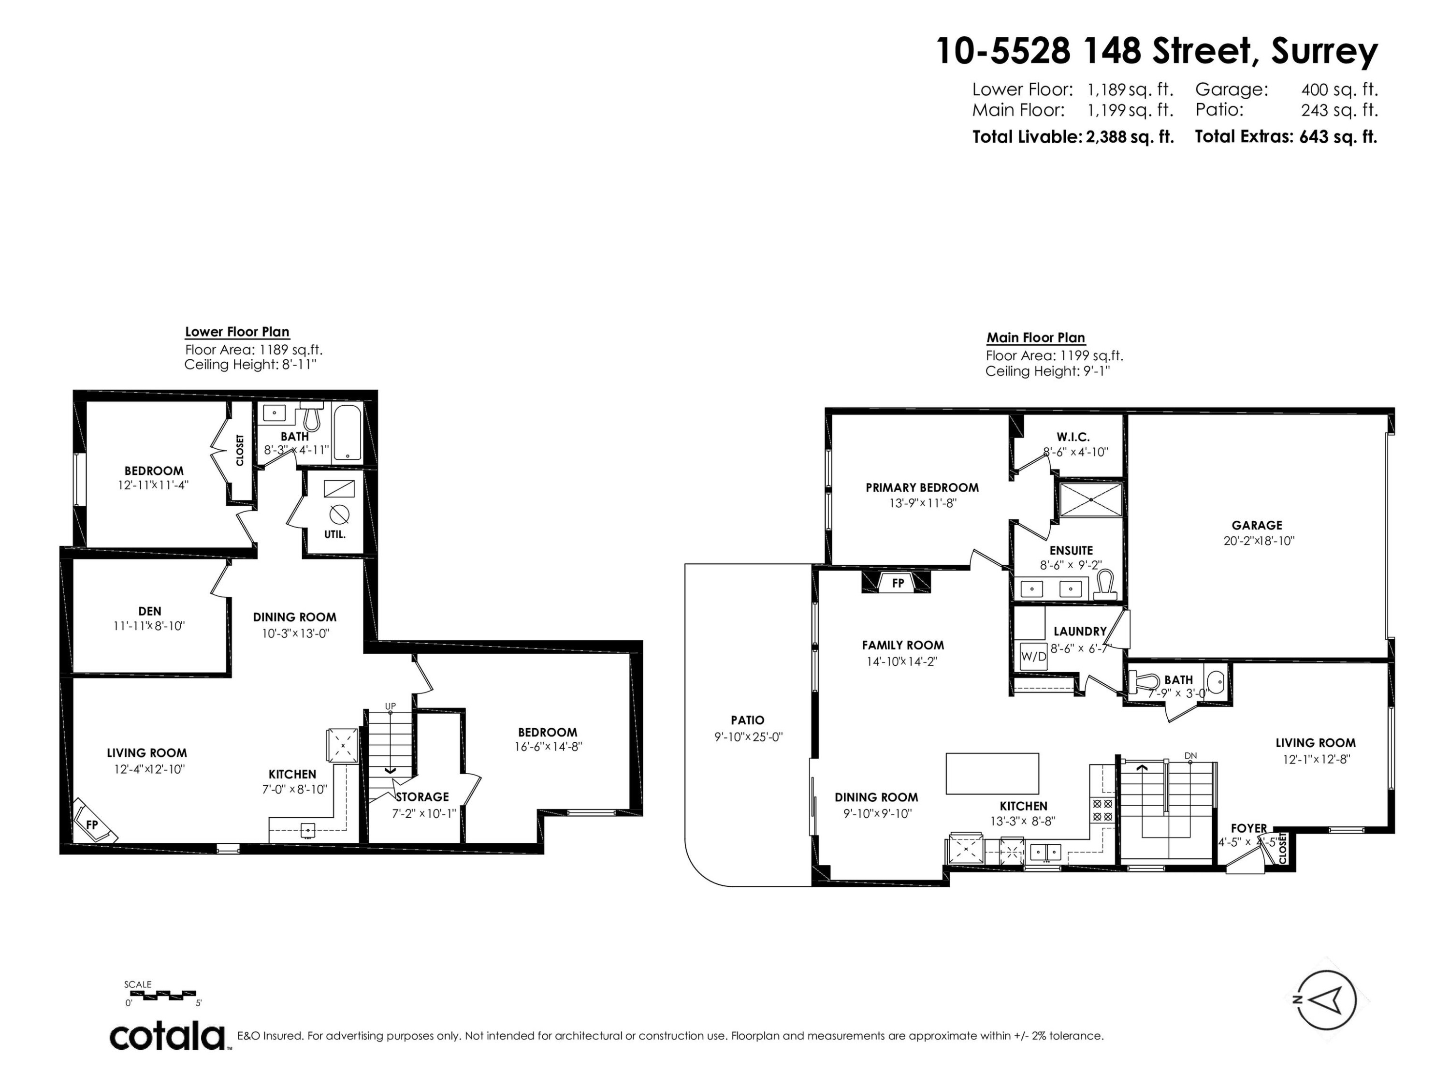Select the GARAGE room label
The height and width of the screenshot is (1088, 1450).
coord(1256,525)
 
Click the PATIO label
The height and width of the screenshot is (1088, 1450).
coord(747,720)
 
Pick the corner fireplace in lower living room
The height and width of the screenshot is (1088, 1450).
coord(94,823)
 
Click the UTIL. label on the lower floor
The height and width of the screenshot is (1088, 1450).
coord(334,534)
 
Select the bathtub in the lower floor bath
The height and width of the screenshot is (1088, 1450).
coord(347,433)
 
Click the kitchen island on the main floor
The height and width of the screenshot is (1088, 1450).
coord(992,773)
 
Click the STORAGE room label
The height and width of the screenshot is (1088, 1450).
coord(422,797)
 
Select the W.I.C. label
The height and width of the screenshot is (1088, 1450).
coord(1073,437)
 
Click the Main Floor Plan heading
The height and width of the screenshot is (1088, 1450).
coord(1036,338)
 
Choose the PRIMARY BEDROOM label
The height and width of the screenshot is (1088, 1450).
coord(922,488)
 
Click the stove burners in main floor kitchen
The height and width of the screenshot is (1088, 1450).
coord(1101,809)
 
